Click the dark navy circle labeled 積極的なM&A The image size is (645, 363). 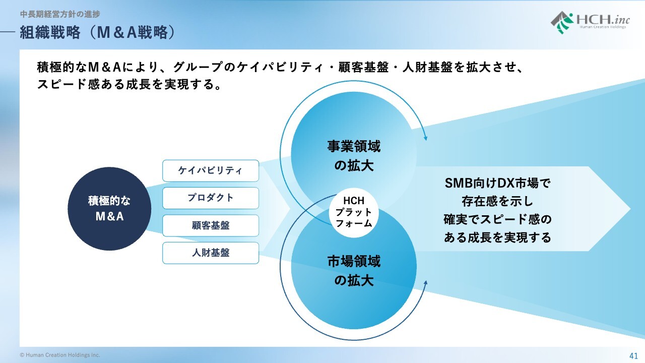click(x=109, y=209)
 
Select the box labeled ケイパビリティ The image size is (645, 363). click(x=210, y=171)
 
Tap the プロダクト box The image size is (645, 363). click(x=210, y=198)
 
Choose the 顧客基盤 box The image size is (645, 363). click(x=210, y=225)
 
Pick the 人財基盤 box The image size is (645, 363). click(x=210, y=253)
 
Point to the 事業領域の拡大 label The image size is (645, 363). click(x=354, y=156)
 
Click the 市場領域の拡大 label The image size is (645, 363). click(x=354, y=271)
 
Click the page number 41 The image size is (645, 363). click(x=633, y=355)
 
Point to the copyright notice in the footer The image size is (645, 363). click(x=60, y=355)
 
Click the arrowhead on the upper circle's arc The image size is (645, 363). click(x=426, y=137)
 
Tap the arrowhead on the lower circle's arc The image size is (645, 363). click(x=426, y=283)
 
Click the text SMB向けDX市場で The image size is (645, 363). click(x=497, y=183)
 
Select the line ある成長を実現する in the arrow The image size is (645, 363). click(x=497, y=237)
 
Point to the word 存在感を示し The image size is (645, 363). click(x=497, y=201)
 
